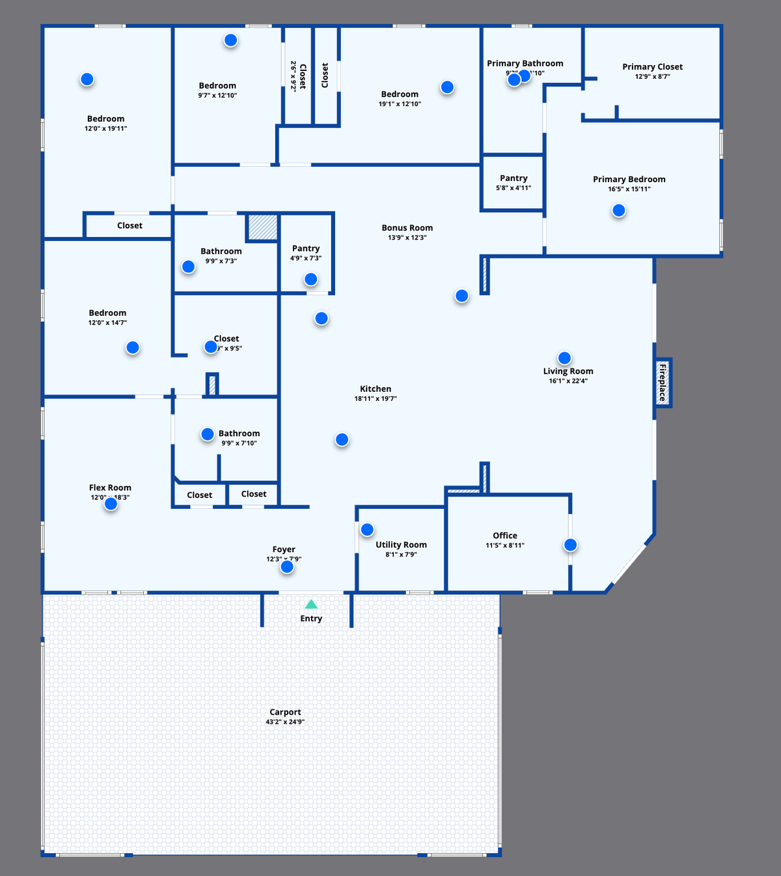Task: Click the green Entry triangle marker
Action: (x=311, y=605)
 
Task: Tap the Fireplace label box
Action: (x=663, y=383)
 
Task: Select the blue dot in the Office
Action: (x=570, y=545)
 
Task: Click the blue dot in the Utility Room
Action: (x=367, y=529)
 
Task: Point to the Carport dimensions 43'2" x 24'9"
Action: (x=285, y=722)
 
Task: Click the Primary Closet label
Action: (x=652, y=66)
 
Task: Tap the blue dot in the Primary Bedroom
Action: (x=619, y=210)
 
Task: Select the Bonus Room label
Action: (x=407, y=228)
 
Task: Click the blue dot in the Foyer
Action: (x=287, y=567)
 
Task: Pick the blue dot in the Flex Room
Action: (x=111, y=503)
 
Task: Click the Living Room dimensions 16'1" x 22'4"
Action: (x=568, y=381)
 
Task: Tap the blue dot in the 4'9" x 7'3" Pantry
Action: (x=311, y=279)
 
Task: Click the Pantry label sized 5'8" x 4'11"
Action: (x=514, y=178)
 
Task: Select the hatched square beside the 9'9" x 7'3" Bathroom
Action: (x=262, y=227)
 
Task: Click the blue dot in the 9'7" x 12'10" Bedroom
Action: (x=230, y=40)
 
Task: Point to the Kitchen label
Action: (x=376, y=389)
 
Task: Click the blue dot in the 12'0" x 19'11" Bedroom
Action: (x=87, y=79)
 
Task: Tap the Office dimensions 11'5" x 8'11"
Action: (x=504, y=545)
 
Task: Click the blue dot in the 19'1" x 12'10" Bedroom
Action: (x=447, y=87)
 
